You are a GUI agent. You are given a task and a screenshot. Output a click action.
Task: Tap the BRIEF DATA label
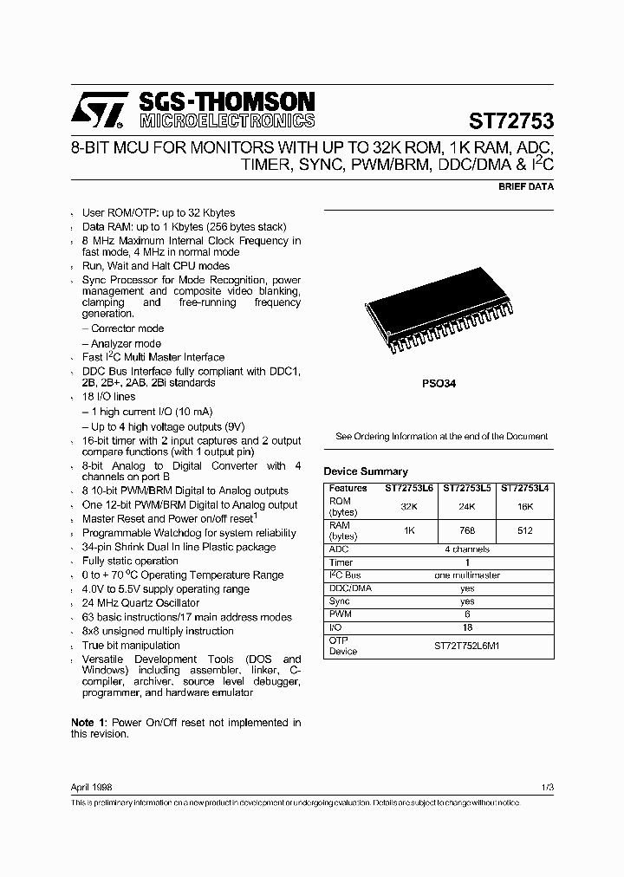pyautogui.click(x=526, y=186)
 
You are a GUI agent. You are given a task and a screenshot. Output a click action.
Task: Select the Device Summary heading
pyautogui.click(x=365, y=471)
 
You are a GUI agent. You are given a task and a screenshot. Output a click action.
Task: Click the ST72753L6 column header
pyautogui.click(x=408, y=488)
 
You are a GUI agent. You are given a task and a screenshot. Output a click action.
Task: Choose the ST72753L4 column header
pyautogui.click(x=525, y=488)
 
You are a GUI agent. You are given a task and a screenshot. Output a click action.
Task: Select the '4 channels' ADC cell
pyautogui.click(x=467, y=549)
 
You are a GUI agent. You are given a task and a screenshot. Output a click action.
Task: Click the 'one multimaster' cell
pyautogui.click(x=467, y=575)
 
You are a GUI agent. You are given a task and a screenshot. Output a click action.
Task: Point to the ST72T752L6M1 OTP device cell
pyautogui.click(x=467, y=646)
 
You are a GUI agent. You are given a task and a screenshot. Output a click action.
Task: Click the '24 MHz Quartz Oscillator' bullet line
pyautogui.click(x=140, y=602)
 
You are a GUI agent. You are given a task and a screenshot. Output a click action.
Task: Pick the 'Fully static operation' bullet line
pyautogui.click(x=130, y=561)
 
